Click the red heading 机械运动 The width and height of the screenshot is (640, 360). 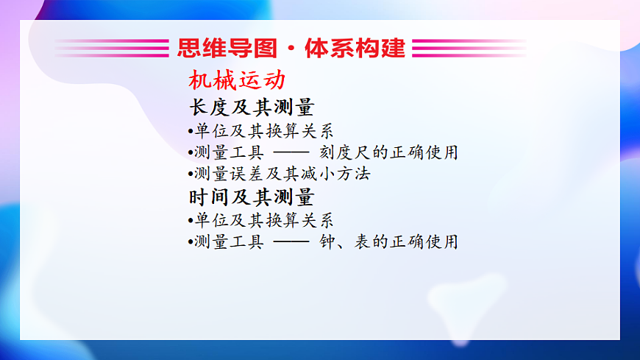click(x=236, y=80)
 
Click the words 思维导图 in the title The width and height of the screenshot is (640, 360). click(x=227, y=48)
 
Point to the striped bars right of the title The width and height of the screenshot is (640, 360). click(x=469, y=48)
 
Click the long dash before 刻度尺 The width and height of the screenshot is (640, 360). click(x=291, y=153)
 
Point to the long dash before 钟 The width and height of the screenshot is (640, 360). click(x=291, y=242)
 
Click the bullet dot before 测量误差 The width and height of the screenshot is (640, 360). click(x=191, y=175)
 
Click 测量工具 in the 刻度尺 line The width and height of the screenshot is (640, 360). click(x=229, y=153)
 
